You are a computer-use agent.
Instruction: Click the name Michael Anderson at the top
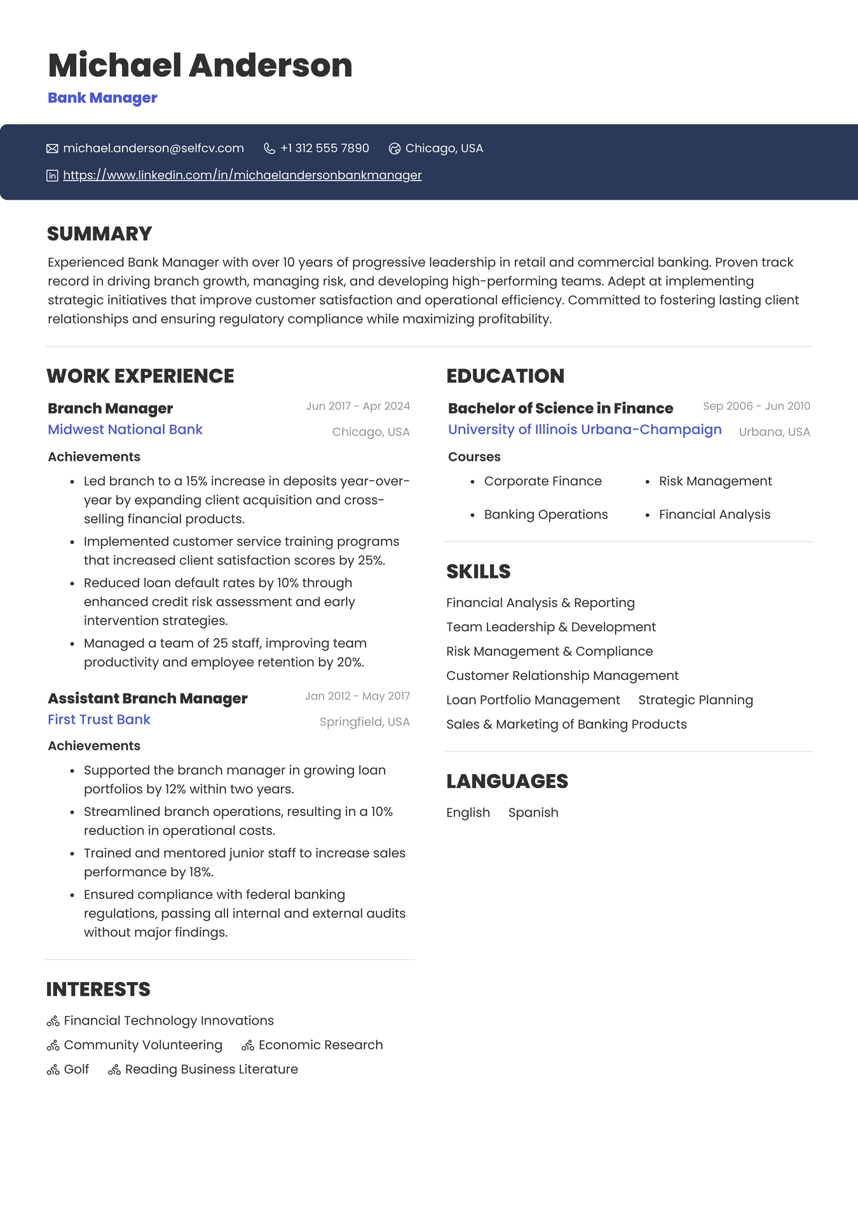click(200, 65)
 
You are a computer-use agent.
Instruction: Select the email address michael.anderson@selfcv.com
click(153, 148)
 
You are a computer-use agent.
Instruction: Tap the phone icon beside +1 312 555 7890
click(269, 148)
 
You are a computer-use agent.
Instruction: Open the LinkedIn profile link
click(242, 175)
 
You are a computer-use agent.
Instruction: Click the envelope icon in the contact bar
click(52, 149)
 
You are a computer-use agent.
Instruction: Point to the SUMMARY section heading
click(99, 233)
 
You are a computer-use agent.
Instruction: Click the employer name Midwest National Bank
click(125, 430)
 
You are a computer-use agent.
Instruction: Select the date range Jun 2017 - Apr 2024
click(358, 406)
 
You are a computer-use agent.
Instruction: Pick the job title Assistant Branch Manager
click(147, 698)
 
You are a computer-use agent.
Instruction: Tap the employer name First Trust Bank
click(99, 719)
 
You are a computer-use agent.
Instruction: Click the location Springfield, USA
click(364, 722)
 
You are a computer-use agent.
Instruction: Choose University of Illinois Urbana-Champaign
click(585, 430)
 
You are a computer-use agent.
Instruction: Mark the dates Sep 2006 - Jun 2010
click(756, 406)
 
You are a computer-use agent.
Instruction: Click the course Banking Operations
click(545, 514)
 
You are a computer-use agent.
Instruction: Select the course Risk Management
click(715, 481)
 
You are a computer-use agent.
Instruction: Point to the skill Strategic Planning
click(695, 700)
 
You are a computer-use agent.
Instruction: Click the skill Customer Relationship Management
click(562, 676)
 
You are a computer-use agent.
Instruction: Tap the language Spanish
click(533, 812)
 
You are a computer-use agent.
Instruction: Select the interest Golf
click(76, 1069)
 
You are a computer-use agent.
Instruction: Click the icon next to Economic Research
click(248, 1045)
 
